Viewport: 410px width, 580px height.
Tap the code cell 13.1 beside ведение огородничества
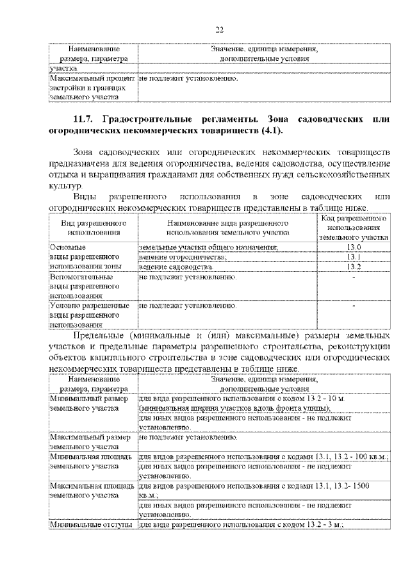[x=354, y=256]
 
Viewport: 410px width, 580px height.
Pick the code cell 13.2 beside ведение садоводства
[x=354, y=266]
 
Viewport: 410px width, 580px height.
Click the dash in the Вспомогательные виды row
[x=354, y=278]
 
